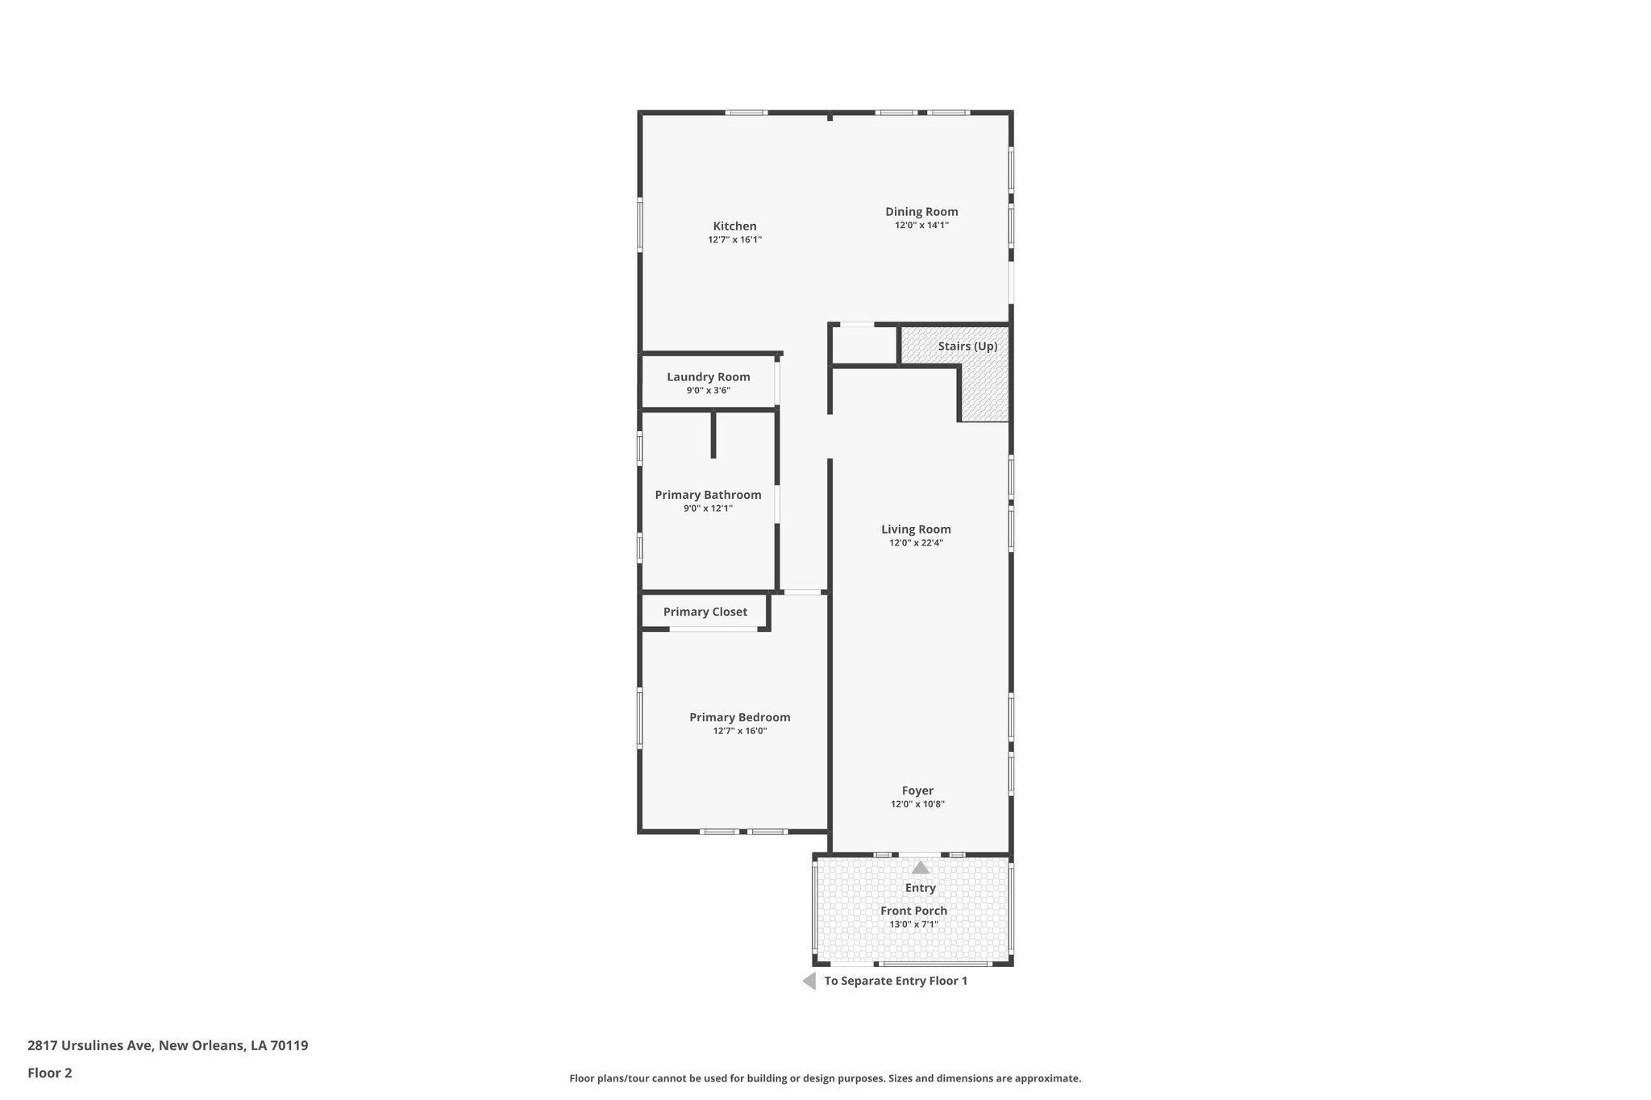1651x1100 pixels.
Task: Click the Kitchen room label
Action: tap(734, 226)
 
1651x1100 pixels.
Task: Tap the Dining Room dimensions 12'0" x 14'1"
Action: tap(921, 226)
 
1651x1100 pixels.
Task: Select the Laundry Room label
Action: tap(708, 377)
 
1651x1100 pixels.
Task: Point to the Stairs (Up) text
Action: tap(967, 347)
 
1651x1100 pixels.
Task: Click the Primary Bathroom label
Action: tap(708, 495)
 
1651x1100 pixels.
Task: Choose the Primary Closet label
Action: tap(705, 612)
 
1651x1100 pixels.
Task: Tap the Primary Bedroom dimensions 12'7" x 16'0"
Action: tap(739, 731)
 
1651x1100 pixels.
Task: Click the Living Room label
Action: tap(916, 529)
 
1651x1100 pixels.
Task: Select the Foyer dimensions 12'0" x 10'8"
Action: tap(917, 804)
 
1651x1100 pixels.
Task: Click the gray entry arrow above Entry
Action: tap(920, 868)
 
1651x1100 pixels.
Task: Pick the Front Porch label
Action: tap(913, 911)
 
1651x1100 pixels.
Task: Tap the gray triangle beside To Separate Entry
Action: tap(809, 981)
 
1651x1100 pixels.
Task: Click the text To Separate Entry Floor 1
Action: tap(895, 981)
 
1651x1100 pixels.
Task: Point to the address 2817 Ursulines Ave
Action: tap(168, 1045)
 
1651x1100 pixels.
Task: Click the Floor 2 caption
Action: tap(50, 1073)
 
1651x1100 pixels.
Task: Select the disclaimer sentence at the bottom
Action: tap(825, 1078)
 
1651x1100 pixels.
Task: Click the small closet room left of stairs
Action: tap(864, 346)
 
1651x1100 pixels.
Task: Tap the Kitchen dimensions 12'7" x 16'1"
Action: tap(734, 240)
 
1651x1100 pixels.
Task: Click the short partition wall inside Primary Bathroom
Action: tap(713, 434)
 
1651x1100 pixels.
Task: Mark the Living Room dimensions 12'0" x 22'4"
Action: tap(916, 543)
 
